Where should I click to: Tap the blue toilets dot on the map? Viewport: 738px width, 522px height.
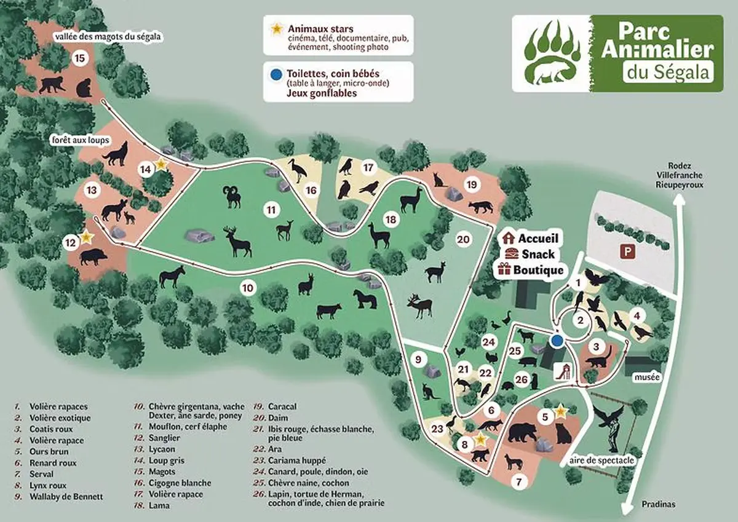(x=557, y=341)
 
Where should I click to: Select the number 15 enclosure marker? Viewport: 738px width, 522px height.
(x=79, y=58)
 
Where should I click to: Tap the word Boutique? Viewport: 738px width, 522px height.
(x=539, y=269)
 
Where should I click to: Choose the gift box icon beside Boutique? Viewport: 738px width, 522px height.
(x=505, y=269)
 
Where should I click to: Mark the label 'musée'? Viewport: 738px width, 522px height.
(x=648, y=376)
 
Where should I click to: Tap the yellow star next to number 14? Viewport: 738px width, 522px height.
(x=161, y=164)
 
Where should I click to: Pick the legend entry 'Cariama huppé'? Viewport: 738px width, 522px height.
(x=296, y=460)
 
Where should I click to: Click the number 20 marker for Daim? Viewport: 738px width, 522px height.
(x=464, y=239)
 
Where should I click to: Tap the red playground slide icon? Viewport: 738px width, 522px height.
(x=561, y=370)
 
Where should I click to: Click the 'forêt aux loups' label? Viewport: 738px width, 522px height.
(x=81, y=140)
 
